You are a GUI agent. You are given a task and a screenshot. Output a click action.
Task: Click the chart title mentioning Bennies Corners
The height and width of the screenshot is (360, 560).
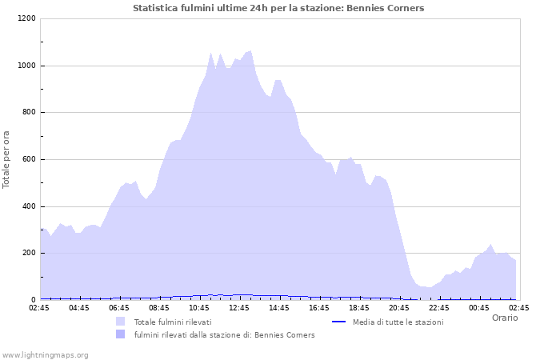[278, 8]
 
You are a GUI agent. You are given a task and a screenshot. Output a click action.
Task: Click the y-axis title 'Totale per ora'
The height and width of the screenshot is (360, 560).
[7, 159]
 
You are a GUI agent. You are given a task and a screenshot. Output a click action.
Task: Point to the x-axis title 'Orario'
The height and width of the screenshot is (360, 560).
[504, 318]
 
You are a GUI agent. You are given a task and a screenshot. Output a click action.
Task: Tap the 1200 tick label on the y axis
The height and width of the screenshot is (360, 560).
[26, 18]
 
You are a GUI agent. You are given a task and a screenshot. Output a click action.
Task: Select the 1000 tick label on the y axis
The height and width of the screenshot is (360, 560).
[26, 66]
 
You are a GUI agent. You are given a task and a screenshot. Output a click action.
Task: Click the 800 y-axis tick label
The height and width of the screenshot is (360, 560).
[28, 113]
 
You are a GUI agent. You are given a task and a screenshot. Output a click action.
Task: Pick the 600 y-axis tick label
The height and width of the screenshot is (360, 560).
[28, 159]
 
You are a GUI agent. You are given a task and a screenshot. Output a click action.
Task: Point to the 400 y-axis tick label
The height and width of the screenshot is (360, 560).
[28, 206]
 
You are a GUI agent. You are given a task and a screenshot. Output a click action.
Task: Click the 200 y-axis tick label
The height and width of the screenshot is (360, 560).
[28, 254]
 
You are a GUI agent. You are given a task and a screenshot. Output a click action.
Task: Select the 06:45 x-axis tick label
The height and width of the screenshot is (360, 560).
[119, 307]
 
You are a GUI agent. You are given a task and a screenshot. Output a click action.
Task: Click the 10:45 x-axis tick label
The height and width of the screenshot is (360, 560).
[199, 307]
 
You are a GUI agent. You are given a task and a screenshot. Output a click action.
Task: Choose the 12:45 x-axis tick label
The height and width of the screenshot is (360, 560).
[239, 307]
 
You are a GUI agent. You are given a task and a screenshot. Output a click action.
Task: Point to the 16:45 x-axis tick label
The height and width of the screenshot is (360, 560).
[319, 307]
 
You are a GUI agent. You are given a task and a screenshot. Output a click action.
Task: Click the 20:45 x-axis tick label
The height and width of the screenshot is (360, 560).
[399, 307]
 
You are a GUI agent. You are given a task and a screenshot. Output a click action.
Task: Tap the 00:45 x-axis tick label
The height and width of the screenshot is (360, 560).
[479, 307]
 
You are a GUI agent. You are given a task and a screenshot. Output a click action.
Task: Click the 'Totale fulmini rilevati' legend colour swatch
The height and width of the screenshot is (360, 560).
[121, 322]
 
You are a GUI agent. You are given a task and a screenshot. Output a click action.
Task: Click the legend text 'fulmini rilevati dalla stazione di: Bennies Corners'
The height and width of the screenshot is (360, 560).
[224, 334]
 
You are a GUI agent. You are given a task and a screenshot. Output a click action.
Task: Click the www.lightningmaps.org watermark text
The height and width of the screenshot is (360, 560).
[45, 354]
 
